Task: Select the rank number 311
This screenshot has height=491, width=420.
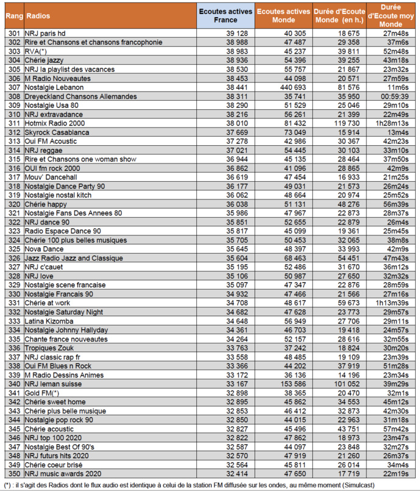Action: (14, 123)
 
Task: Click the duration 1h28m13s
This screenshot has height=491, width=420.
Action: (395, 123)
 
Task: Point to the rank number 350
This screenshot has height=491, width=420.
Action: (14, 473)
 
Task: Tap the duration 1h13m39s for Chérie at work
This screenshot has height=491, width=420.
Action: (395, 303)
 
